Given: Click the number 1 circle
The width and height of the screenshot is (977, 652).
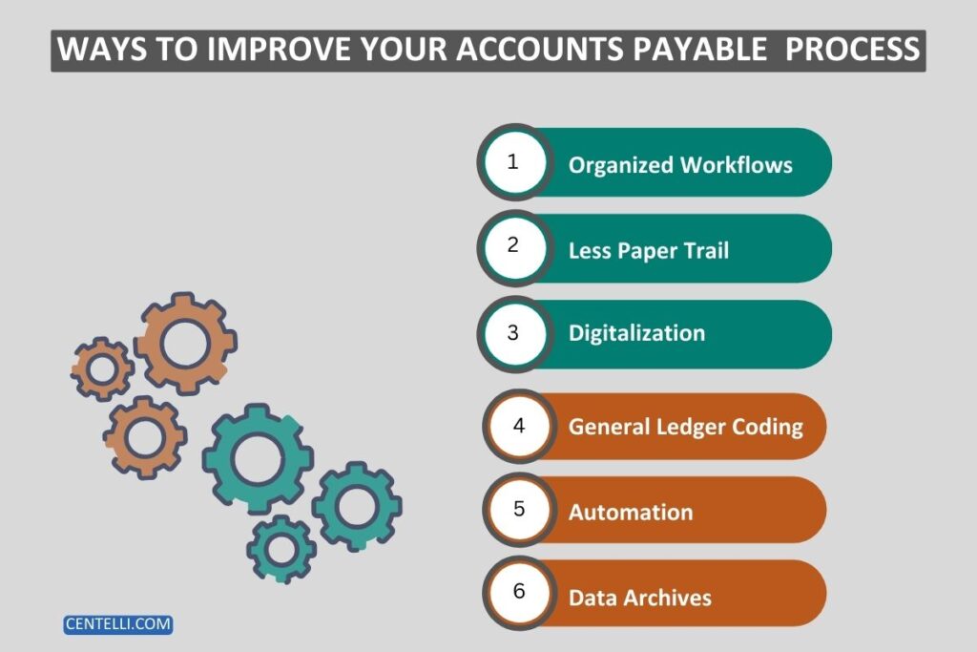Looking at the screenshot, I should (x=514, y=162).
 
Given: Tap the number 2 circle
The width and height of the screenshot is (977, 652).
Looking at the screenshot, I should (x=514, y=246).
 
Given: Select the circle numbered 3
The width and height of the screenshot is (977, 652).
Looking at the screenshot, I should (x=514, y=332).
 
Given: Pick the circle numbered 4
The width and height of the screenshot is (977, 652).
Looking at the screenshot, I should (x=519, y=426).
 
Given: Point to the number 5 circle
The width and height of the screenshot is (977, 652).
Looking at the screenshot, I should (x=519, y=510).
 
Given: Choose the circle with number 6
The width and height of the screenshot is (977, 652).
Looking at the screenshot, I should (x=519, y=593).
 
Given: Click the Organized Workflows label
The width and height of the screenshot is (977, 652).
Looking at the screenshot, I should (x=680, y=164).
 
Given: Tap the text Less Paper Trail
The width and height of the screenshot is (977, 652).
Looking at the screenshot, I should (x=648, y=250).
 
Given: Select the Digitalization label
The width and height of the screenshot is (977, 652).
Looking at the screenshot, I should (x=636, y=333).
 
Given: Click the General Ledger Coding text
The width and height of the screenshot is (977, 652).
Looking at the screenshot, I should (x=686, y=427).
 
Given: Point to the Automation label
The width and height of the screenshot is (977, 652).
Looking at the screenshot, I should (x=631, y=512).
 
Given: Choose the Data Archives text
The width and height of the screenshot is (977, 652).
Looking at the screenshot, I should (x=640, y=598).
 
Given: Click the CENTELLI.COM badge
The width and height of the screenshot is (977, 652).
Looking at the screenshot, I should (x=118, y=624).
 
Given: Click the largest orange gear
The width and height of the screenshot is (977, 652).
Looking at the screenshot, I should (x=184, y=344).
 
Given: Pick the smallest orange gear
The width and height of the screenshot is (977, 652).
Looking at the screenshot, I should (x=100, y=368).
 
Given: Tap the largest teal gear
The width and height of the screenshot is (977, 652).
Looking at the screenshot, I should (x=258, y=458).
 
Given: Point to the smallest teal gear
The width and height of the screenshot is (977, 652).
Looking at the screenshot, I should (x=281, y=549).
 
